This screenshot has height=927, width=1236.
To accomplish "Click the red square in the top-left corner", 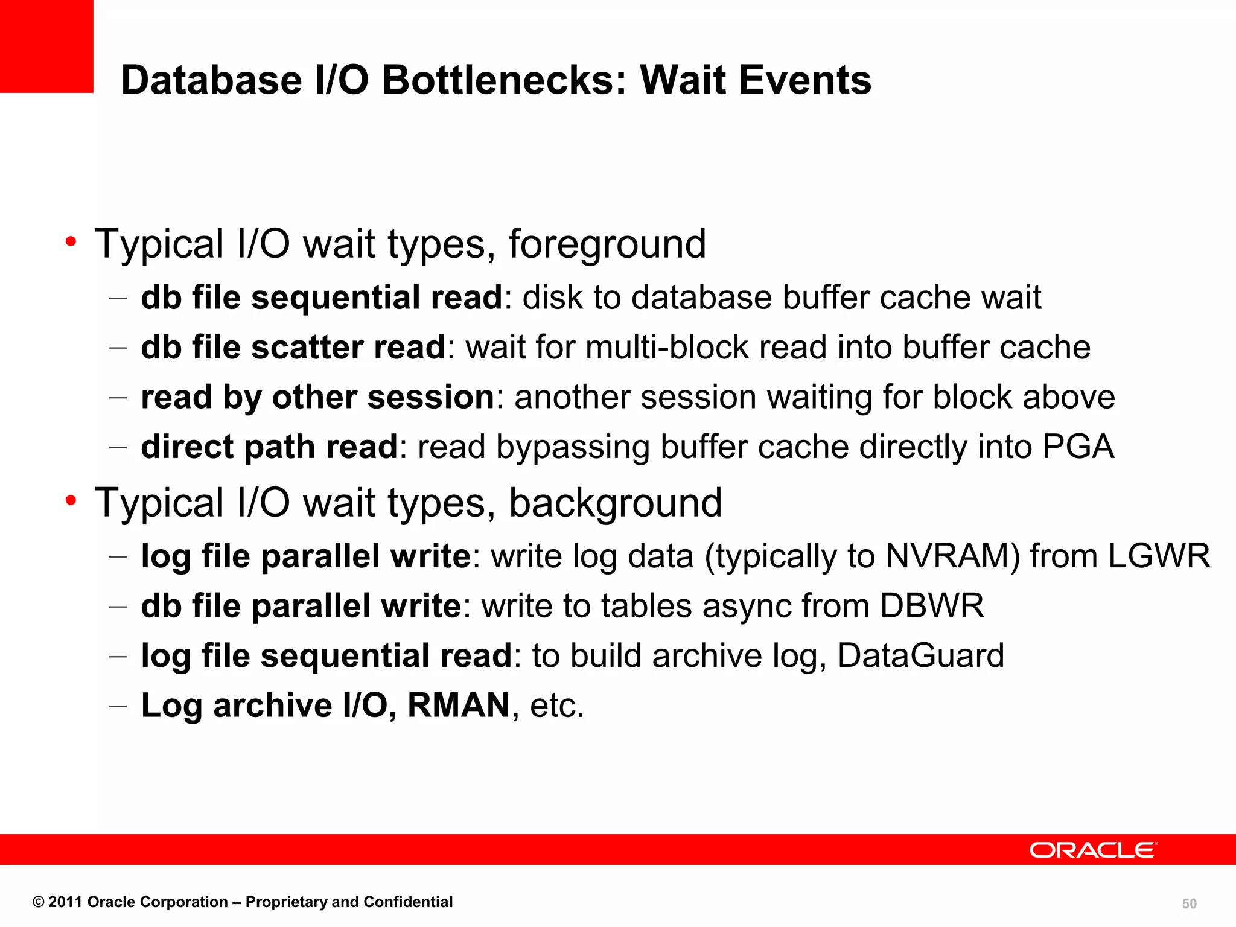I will [x=46, y=46].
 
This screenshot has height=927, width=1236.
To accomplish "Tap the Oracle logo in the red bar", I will [x=1093, y=850].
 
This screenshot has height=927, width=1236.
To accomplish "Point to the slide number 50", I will [x=1189, y=903].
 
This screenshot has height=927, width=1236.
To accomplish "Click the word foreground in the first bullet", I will [x=607, y=244].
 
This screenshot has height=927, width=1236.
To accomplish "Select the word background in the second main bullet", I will [x=615, y=503].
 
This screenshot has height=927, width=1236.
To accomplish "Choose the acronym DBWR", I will [x=932, y=606].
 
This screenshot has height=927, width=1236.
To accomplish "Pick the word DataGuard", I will [x=921, y=655].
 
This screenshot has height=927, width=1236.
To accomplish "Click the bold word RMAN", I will [x=459, y=705].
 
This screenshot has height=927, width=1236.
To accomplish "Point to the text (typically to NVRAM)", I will [x=862, y=556].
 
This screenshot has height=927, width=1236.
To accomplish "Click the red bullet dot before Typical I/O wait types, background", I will [x=71, y=501].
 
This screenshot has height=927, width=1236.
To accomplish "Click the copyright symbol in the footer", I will [x=39, y=902].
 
